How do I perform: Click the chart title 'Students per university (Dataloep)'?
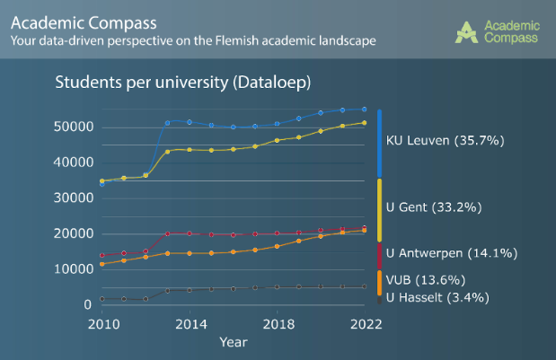(182, 83)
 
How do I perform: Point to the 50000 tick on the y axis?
(72, 127)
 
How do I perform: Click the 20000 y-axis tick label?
(72, 233)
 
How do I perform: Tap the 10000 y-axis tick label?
(72, 269)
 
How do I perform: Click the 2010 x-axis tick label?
(102, 323)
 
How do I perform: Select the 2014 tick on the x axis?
(190, 323)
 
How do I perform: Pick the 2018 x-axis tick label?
(277, 323)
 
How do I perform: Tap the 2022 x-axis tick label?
(363, 323)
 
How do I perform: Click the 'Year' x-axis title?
(233, 342)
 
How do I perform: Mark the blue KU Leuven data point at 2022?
(364, 110)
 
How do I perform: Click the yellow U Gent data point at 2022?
(364, 123)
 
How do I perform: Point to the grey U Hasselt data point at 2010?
(102, 299)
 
